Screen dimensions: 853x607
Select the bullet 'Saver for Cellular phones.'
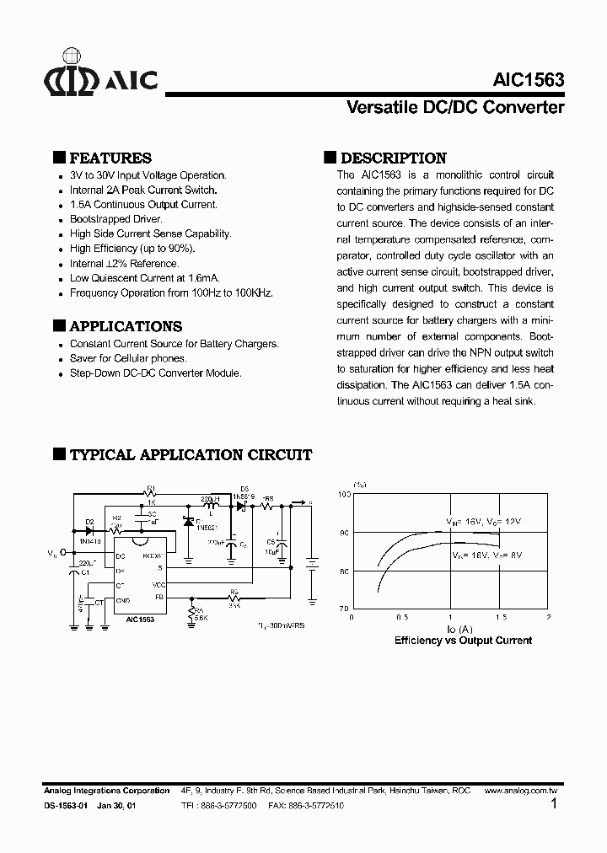128,358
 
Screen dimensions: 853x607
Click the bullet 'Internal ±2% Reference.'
124,263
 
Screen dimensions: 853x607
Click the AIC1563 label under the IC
141,619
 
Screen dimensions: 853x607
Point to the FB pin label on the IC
160,598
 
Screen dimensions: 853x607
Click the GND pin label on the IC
121,601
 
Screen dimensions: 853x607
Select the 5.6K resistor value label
200,618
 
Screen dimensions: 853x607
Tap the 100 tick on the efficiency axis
344,495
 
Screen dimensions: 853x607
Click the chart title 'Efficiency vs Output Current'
463,641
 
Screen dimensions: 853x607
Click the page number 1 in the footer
553,805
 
